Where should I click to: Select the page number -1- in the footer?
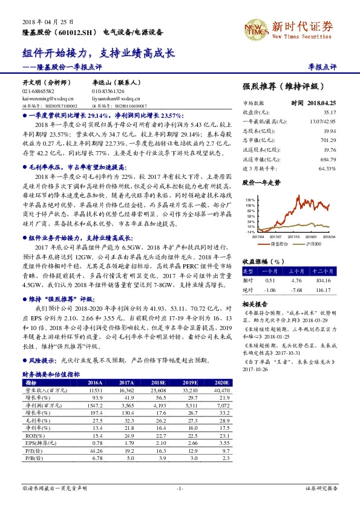pyautogui.click(x=179, y=487)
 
